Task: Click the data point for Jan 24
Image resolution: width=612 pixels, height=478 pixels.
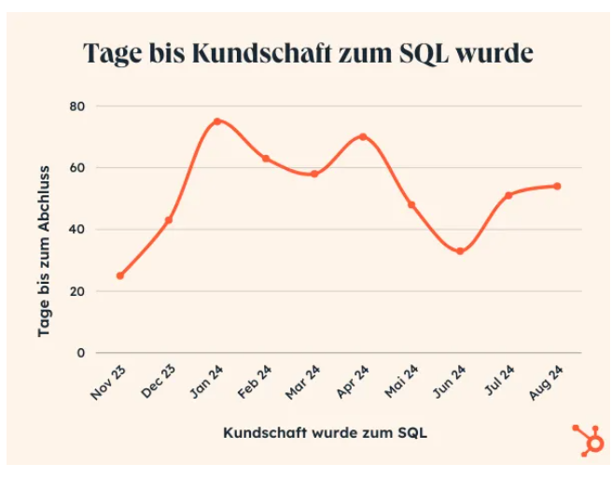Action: (x=217, y=121)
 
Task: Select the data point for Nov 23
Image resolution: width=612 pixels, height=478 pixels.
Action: (x=119, y=275)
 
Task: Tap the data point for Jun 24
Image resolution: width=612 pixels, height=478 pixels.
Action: (x=460, y=251)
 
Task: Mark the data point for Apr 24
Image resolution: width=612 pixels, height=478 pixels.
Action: (x=363, y=136)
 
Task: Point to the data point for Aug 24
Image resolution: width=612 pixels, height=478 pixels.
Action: (x=557, y=186)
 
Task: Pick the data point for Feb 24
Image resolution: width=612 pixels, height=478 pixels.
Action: (x=266, y=159)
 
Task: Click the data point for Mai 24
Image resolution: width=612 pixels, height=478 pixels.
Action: (x=411, y=204)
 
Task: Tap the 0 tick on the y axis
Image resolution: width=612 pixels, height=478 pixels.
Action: (x=80, y=353)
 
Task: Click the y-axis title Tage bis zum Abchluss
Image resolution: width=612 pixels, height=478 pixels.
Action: (x=43, y=253)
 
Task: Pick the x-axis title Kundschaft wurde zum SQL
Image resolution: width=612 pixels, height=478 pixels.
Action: (x=326, y=433)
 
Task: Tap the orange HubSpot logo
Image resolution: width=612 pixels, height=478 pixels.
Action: (x=588, y=439)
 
